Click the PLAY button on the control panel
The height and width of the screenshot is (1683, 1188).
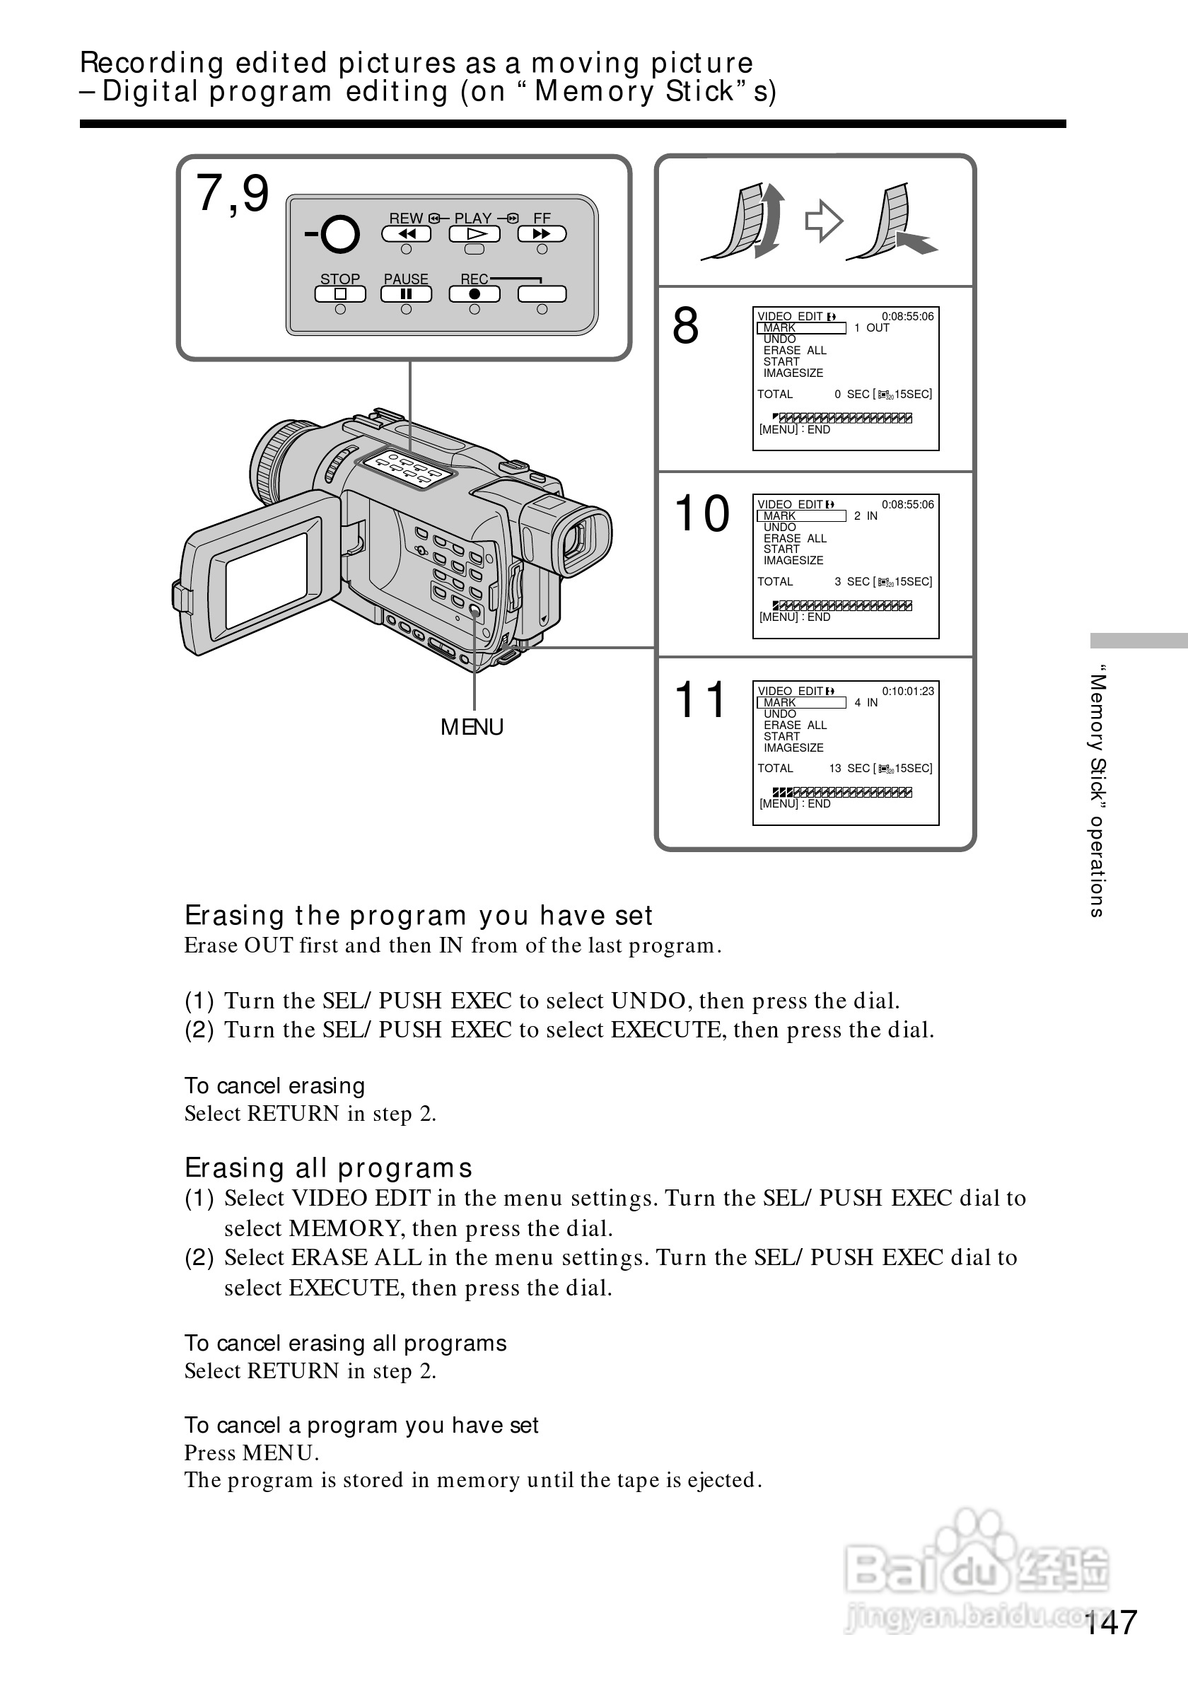[474, 234]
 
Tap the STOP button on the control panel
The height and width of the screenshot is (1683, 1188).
[340, 294]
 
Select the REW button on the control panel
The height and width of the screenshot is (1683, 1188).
[407, 234]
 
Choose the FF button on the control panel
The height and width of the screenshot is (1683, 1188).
[542, 234]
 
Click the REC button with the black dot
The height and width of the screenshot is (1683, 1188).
[474, 294]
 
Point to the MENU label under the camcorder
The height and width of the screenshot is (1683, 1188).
[472, 727]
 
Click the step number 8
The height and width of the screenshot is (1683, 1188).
[686, 326]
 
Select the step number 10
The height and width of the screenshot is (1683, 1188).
[702, 513]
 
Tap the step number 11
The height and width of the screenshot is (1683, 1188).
[700, 700]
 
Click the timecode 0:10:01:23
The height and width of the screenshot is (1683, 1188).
[907, 692]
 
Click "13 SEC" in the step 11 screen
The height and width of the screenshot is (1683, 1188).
[849, 768]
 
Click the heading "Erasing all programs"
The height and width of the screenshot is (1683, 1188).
[328, 1167]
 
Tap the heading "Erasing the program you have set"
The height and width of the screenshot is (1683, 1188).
[418, 916]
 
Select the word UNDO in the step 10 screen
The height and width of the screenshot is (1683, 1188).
[780, 527]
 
